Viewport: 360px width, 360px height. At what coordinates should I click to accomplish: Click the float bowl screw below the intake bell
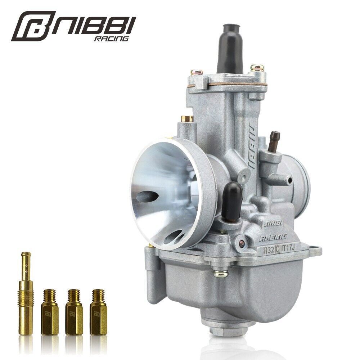click(x=218, y=274)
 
